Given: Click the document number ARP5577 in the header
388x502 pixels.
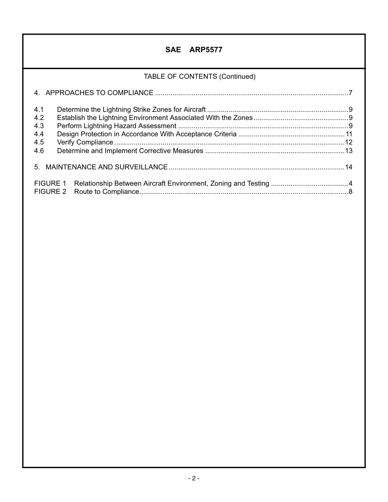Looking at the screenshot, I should pyautogui.click(x=206, y=50).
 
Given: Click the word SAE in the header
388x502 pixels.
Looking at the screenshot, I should pyautogui.click(x=173, y=50).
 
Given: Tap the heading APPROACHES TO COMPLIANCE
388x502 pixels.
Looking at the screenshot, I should pyautogui.click(x=99, y=93).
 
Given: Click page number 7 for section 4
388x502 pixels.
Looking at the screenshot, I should pyautogui.click(x=350, y=93).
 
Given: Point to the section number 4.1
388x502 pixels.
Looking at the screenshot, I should pyautogui.click(x=39, y=110).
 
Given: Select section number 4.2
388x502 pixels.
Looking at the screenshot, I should pyautogui.click(x=39, y=118).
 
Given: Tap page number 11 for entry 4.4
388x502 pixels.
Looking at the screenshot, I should pyautogui.click(x=349, y=134).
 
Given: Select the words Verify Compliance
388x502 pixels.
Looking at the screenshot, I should pyautogui.click(x=85, y=142).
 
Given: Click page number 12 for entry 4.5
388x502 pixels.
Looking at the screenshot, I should pyautogui.click(x=348, y=142).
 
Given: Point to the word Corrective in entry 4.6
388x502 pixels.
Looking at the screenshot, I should pyautogui.click(x=155, y=151).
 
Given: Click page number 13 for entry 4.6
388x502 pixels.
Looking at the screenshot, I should pyautogui.click(x=348, y=151).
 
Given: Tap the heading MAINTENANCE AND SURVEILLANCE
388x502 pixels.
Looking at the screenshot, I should pyautogui.click(x=107, y=167).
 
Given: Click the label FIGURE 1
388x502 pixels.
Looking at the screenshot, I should pyautogui.click(x=50, y=184).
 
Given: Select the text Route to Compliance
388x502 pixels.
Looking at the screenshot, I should pyautogui.click(x=107, y=192).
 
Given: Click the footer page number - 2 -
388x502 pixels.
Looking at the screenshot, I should pyautogui.click(x=194, y=478).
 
